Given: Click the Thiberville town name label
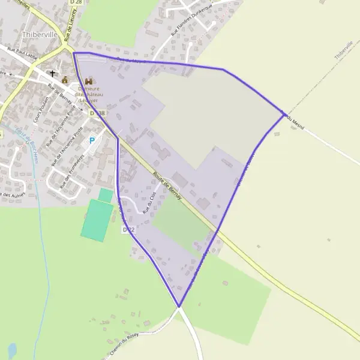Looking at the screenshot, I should (x=40, y=35).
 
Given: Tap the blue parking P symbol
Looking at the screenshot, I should (x=92, y=140).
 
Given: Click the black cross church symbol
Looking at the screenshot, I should (x=53, y=74).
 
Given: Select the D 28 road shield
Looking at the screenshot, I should (x=74, y=2).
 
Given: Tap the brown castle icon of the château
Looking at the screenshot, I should (x=89, y=80).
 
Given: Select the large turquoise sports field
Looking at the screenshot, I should (x=96, y=220).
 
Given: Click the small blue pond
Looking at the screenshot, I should (x=12, y=349).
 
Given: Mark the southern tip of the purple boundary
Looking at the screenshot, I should (x=179, y=307).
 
